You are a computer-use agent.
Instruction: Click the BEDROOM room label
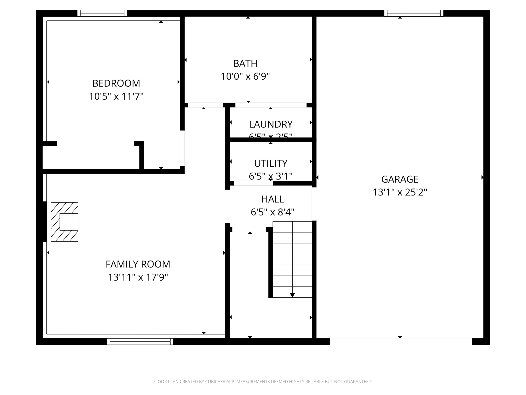coord(116,83)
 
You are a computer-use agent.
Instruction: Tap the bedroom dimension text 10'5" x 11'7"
coord(116,97)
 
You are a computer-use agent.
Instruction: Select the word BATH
coord(245,63)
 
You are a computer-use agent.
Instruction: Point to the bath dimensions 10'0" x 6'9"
coord(245,76)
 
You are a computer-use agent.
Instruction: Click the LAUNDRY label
coord(271,124)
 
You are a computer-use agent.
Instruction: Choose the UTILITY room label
coord(271,163)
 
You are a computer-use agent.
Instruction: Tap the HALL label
coord(273,199)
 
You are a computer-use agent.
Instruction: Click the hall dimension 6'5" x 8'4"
coord(273,212)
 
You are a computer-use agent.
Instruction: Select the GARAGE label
coord(400,179)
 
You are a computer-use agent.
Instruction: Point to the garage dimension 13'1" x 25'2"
coord(400,192)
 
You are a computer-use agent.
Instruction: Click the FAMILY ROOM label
coord(138,264)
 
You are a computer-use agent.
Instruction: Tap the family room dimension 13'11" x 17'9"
coord(138,277)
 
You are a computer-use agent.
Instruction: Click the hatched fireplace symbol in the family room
coord(64,222)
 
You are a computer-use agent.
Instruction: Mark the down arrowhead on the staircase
coord(292,295)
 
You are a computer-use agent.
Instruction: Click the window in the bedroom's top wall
coord(102,13)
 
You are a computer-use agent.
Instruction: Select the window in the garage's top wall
coord(414,13)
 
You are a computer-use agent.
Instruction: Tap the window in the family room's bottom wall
coord(140,342)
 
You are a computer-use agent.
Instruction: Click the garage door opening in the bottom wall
coord(401,342)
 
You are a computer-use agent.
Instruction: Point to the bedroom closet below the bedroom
coord(91,157)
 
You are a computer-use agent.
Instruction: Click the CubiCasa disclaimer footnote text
coord(263,382)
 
